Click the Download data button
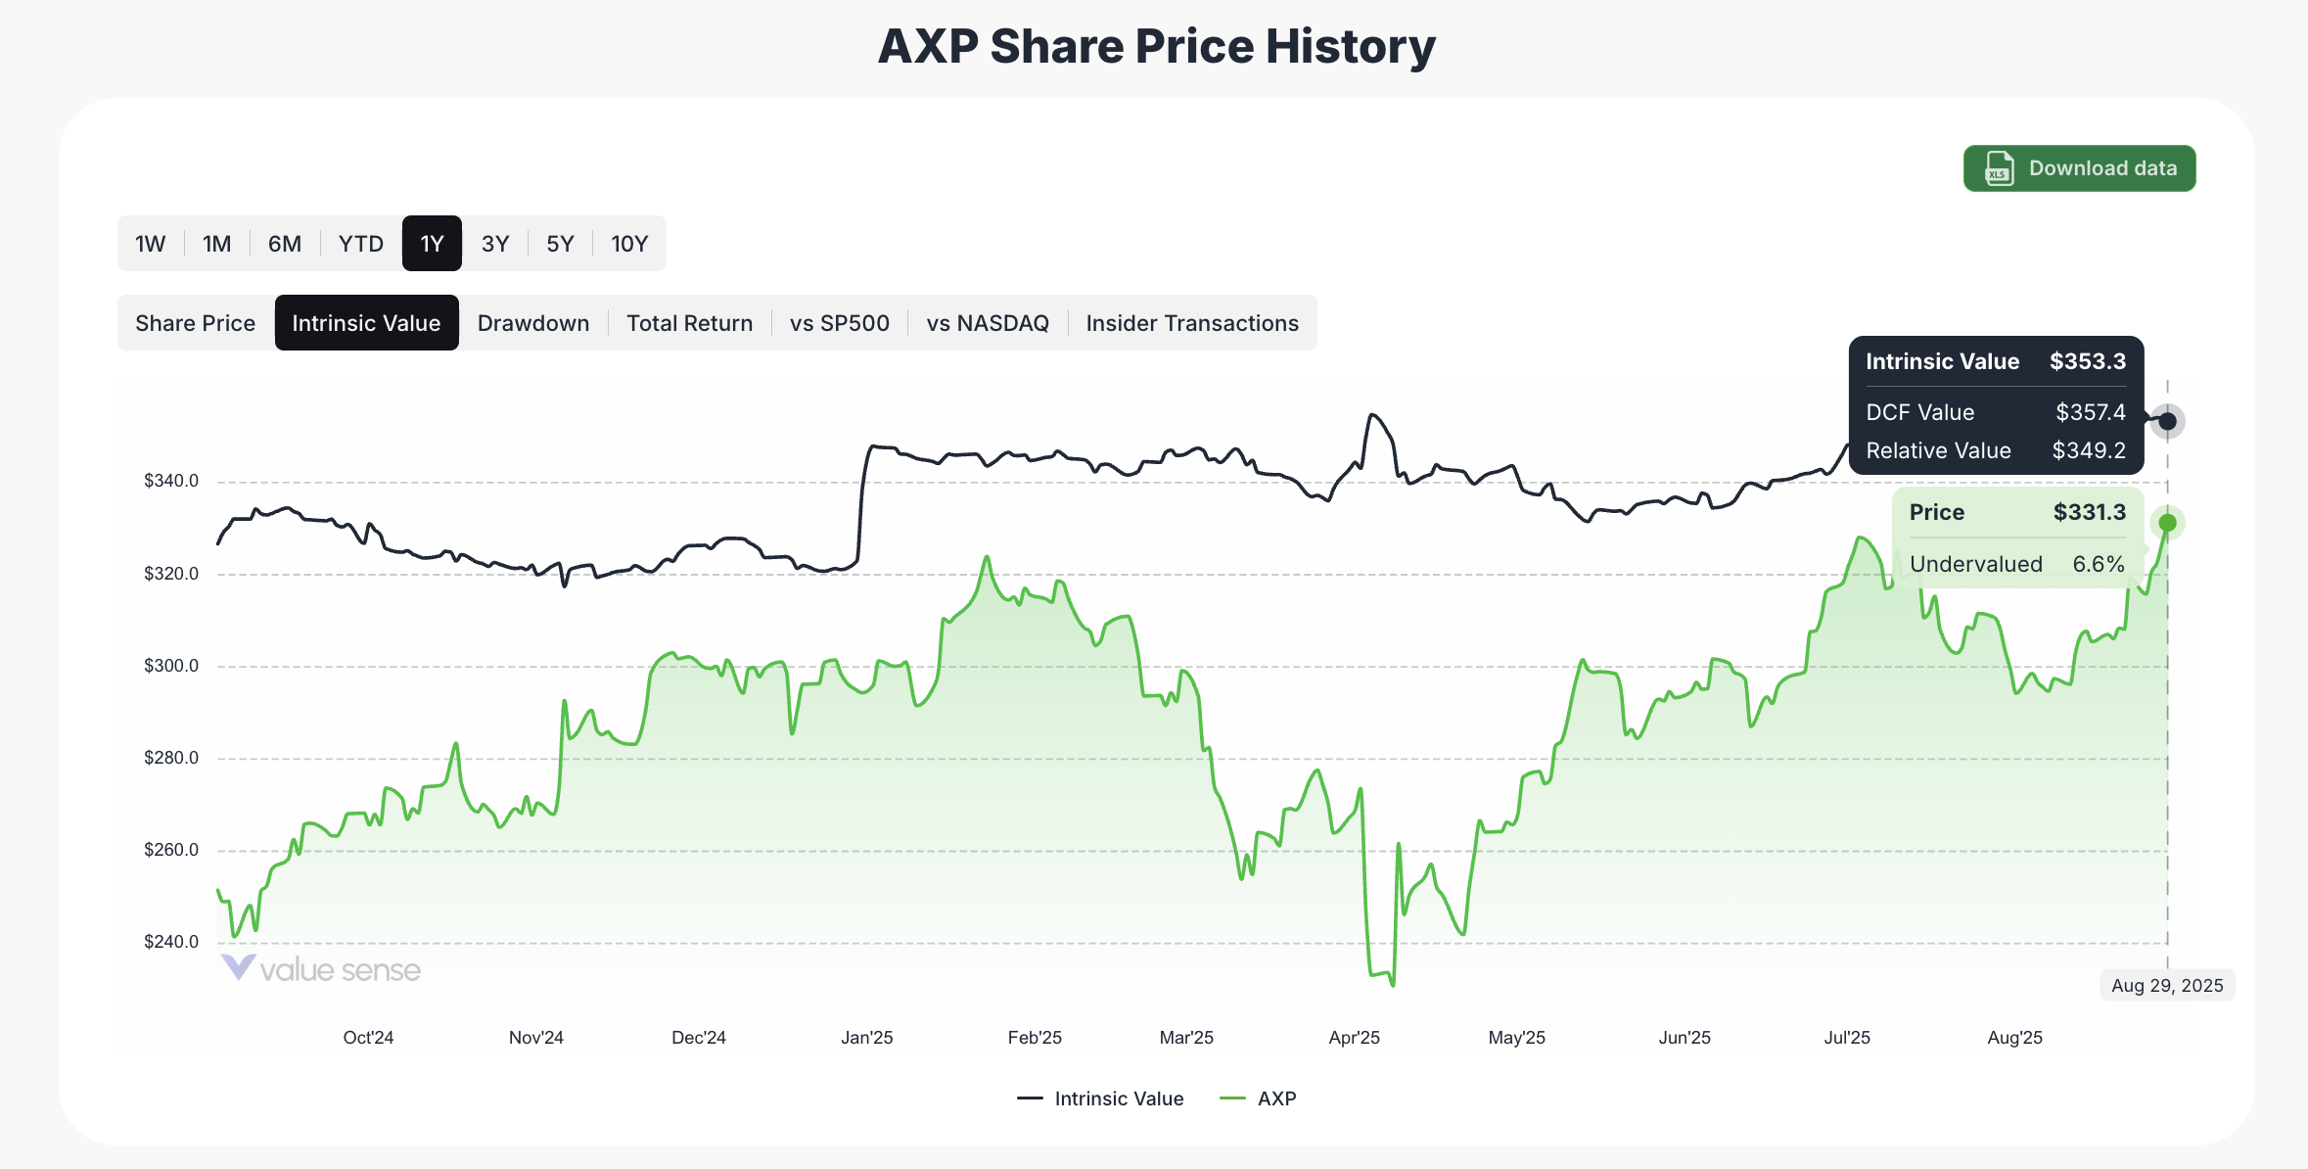point(2079,168)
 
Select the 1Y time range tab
point(432,244)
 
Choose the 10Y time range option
point(629,244)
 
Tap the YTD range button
point(360,244)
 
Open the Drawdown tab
point(533,323)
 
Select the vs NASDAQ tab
point(987,323)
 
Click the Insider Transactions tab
point(1191,323)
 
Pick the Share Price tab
point(195,323)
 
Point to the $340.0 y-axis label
point(171,481)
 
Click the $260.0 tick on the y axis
point(171,850)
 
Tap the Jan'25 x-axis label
point(866,1038)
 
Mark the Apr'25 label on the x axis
point(1354,1038)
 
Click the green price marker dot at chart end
point(2167,523)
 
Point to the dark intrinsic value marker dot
point(2167,421)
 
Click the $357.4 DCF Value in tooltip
point(2090,412)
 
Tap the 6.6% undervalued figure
point(2098,564)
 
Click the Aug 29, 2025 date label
point(2167,986)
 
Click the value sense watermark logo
point(321,969)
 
